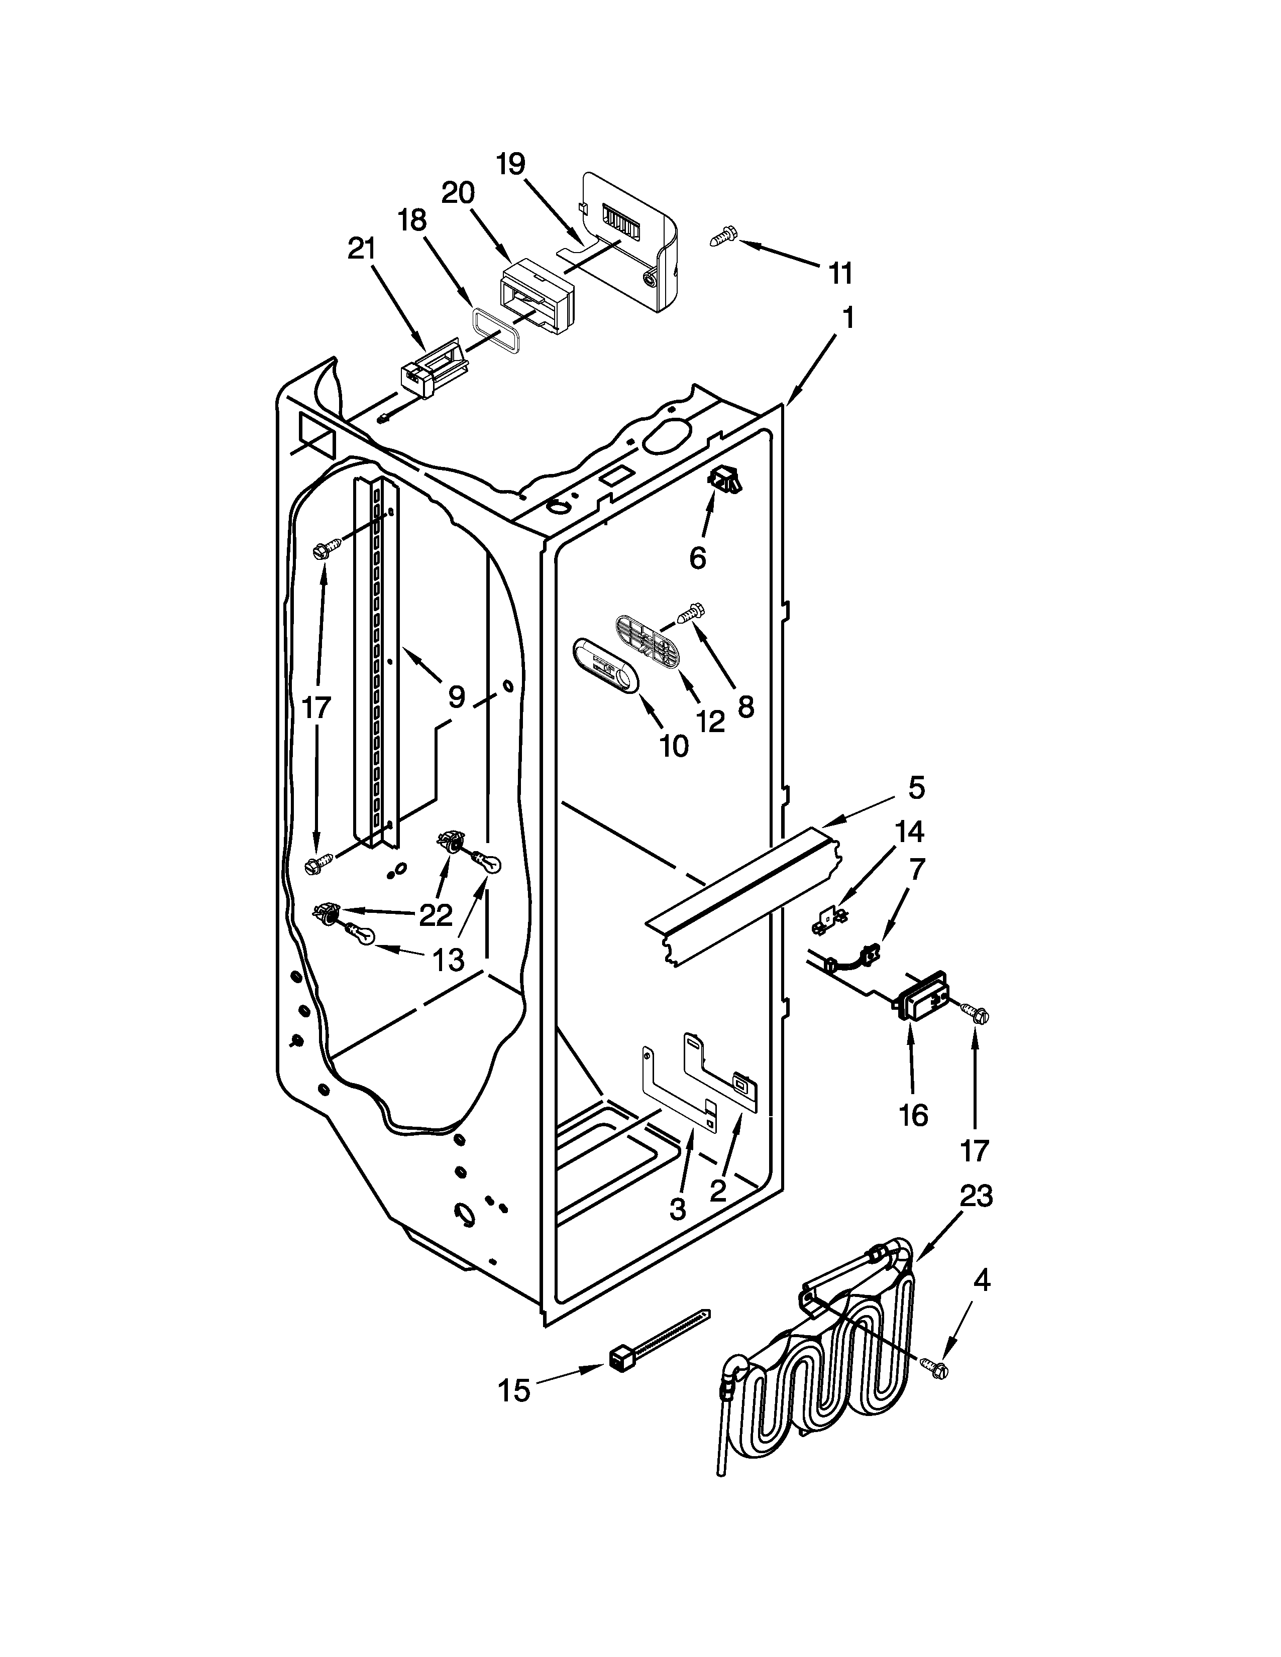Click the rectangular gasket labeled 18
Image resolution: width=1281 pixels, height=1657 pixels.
(x=496, y=331)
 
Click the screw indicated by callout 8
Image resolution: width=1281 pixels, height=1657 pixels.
(x=692, y=612)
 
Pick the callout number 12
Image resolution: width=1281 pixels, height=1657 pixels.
(x=711, y=721)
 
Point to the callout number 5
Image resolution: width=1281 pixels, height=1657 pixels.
(x=916, y=788)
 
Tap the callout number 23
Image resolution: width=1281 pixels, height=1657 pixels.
(x=975, y=1197)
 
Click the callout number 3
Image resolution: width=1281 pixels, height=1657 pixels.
(x=678, y=1207)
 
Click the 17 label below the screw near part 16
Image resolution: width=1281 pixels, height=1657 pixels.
(x=975, y=1151)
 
